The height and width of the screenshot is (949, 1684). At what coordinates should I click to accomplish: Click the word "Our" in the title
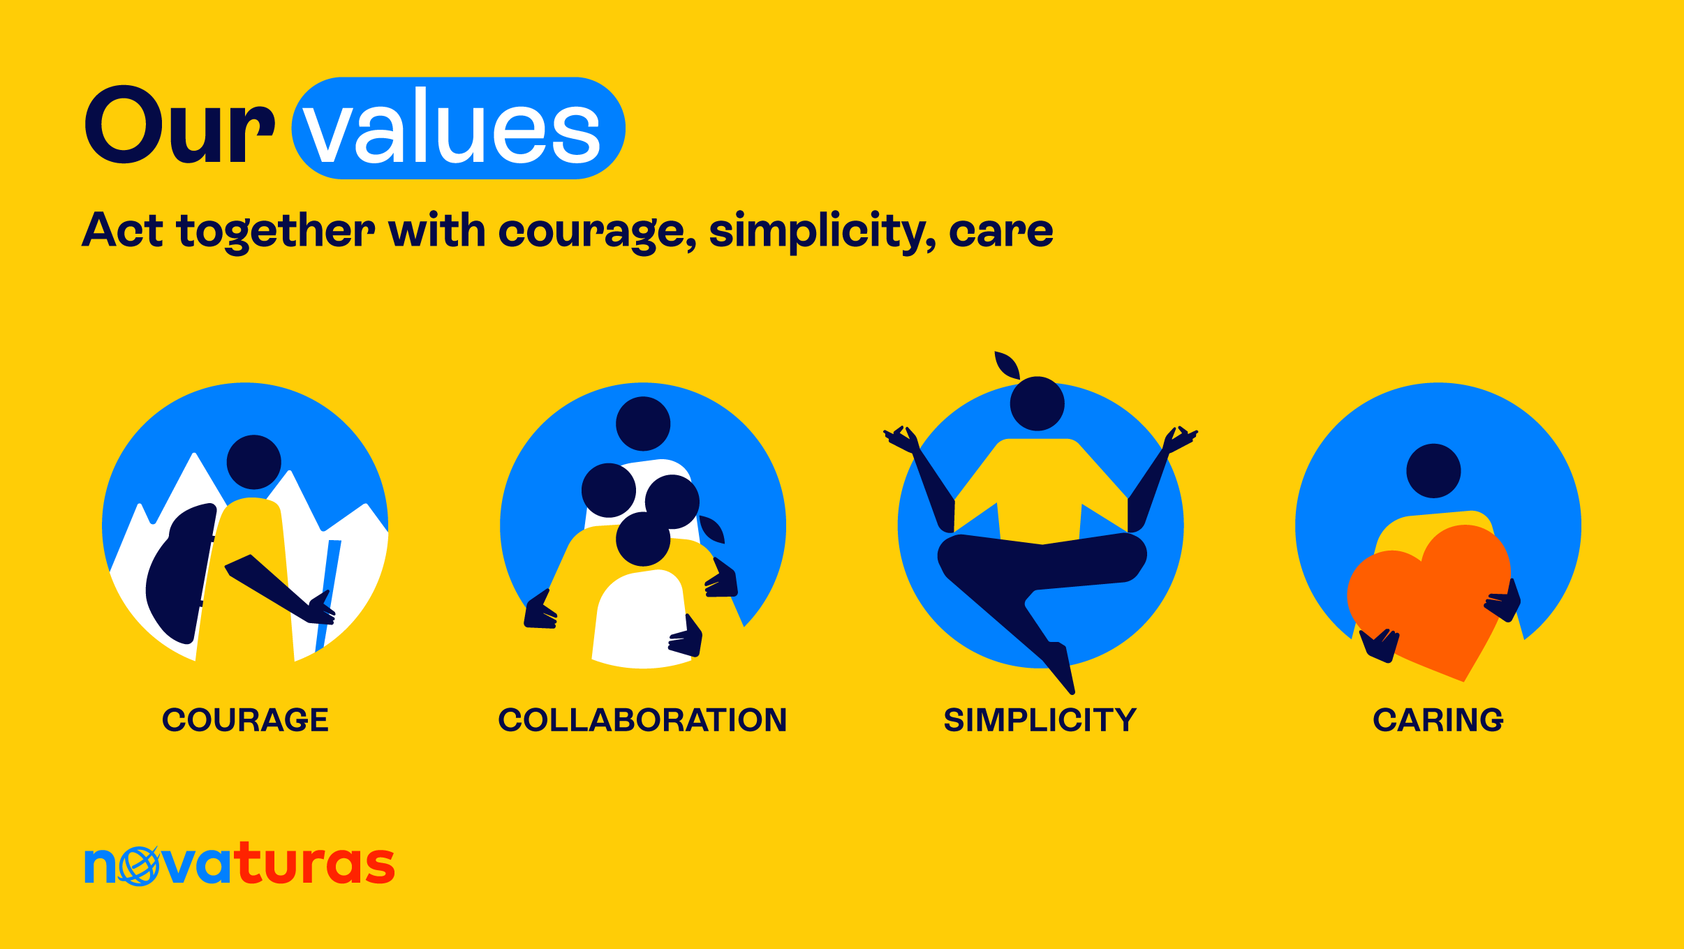[179, 126]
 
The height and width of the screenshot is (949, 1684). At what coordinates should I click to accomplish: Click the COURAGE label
[245, 720]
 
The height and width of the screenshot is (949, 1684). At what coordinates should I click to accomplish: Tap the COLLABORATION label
[642, 720]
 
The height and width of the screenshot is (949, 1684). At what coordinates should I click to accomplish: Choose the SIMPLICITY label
[1040, 720]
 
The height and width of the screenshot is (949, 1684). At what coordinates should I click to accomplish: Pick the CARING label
[1438, 720]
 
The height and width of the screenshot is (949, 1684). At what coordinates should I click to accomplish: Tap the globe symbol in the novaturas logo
[139, 866]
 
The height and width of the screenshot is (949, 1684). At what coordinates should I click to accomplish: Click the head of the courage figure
[254, 463]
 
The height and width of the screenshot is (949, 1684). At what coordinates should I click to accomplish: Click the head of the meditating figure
[1037, 403]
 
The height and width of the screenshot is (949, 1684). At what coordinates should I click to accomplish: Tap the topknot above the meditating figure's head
[1007, 365]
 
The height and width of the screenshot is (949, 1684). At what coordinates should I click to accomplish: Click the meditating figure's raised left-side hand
[901, 440]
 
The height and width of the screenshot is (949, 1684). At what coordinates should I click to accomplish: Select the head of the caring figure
[1433, 471]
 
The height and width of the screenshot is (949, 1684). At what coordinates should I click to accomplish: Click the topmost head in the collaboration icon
[643, 424]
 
